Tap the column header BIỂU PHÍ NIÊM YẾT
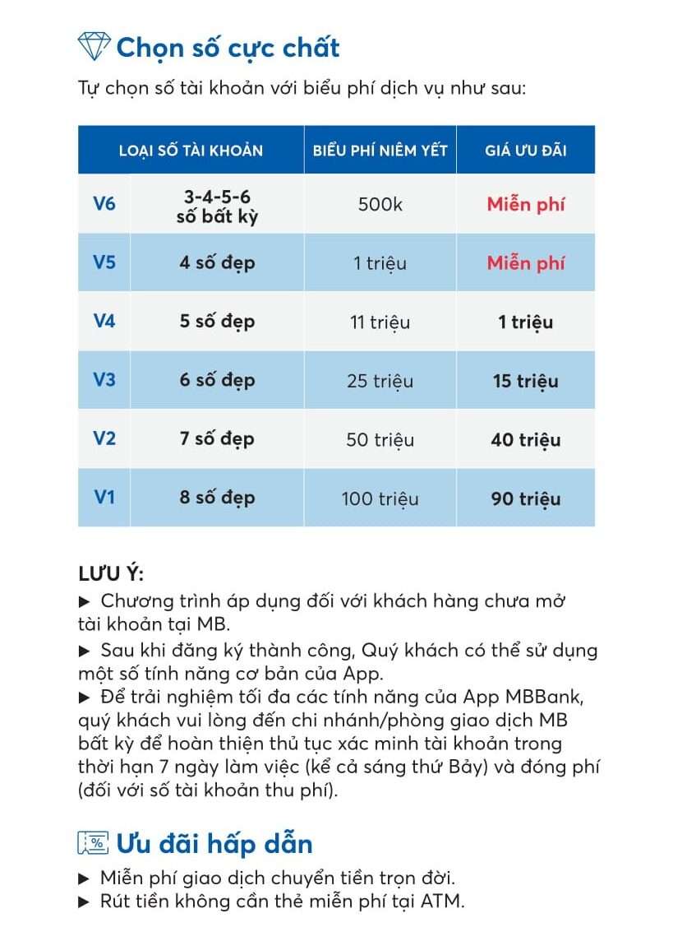click(380, 151)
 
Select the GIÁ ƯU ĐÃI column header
click(525, 151)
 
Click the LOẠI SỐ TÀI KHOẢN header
click(191, 151)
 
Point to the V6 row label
click(104, 203)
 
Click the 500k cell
click(380, 204)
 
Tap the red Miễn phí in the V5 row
click(525, 263)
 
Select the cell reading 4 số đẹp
click(217, 263)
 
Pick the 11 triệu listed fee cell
click(380, 322)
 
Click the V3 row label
click(104, 380)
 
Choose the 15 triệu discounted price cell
click(525, 381)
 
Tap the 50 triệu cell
click(380, 440)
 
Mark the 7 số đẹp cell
click(217, 439)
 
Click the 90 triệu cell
click(525, 498)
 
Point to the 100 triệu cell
click(380, 498)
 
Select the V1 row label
click(104, 498)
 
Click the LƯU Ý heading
click(111, 573)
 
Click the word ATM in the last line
click(442, 901)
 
